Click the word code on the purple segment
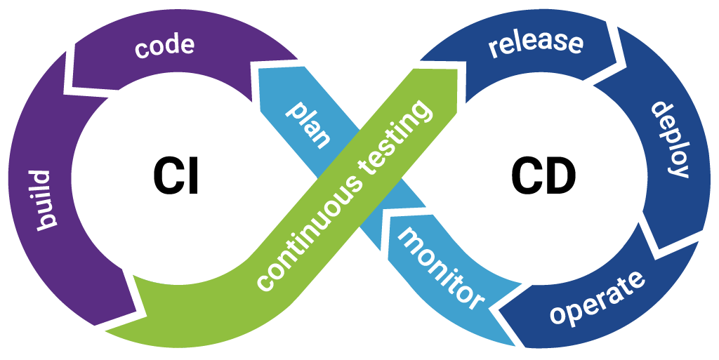[x=164, y=47]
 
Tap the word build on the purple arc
[x=41, y=199]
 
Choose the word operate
[x=596, y=296]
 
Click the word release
[x=536, y=43]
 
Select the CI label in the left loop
[x=176, y=175]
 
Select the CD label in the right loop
[x=543, y=175]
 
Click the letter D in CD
[x=559, y=175]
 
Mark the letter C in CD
[x=525, y=175]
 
